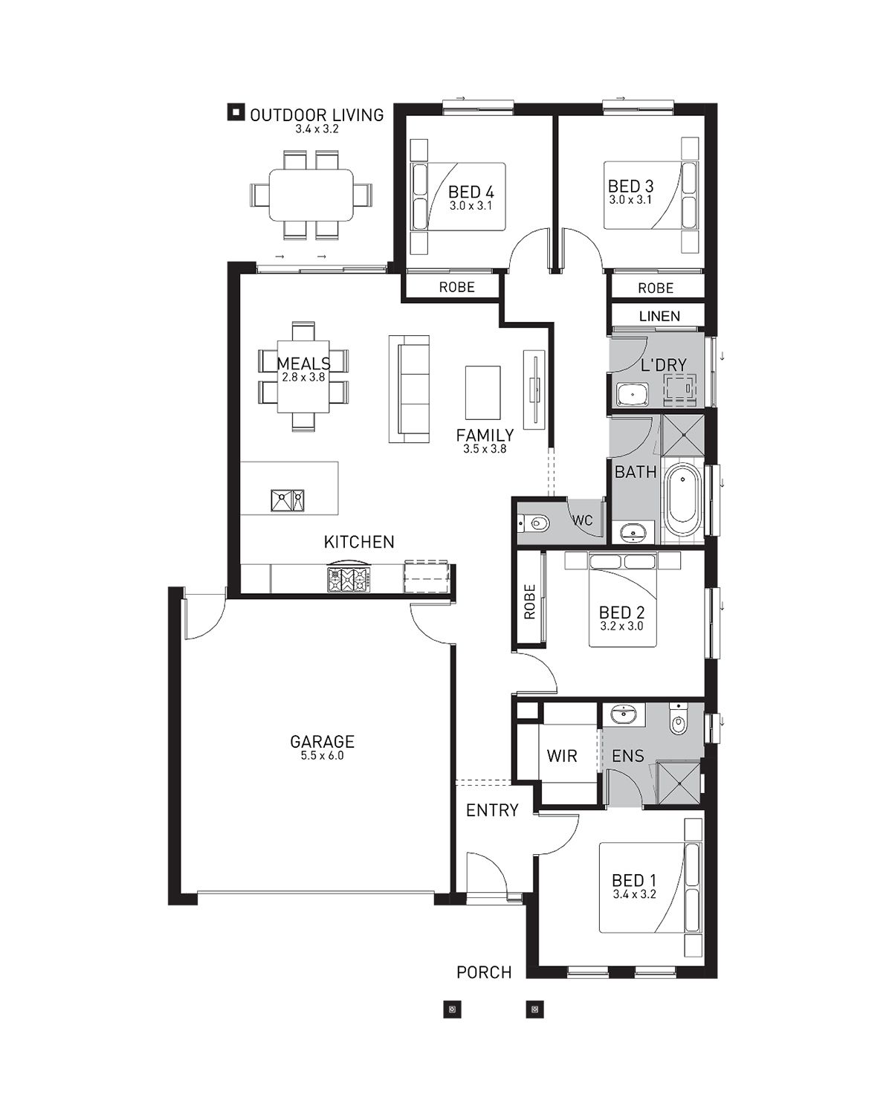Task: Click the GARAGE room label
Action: [x=322, y=741]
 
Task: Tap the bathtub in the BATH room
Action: [x=683, y=500]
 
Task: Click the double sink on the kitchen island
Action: [x=288, y=500]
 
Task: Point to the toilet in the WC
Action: [x=533, y=523]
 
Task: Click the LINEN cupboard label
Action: [x=659, y=316]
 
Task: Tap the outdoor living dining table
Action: [x=311, y=195]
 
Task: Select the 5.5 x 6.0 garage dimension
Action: [x=322, y=756]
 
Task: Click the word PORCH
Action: [x=484, y=972]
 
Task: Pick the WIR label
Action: [x=562, y=756]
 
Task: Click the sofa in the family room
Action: [x=410, y=389]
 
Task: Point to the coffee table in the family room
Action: [x=483, y=392]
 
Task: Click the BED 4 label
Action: [x=471, y=192]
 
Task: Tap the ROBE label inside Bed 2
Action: [x=529, y=601]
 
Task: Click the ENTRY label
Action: [x=492, y=809]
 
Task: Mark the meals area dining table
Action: [x=303, y=376]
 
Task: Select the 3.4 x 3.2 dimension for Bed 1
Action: [x=634, y=893]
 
